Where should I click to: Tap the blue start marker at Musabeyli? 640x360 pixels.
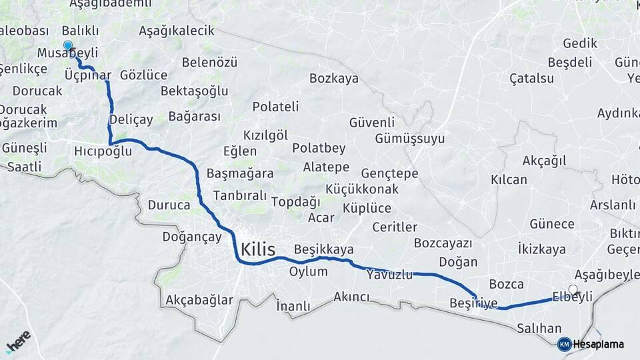click(x=67, y=45)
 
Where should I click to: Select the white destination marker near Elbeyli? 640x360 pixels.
click(x=573, y=289)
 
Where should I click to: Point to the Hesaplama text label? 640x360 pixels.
click(x=598, y=344)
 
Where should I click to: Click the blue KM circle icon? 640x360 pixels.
click(x=564, y=344)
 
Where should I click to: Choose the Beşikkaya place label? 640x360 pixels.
click(x=323, y=249)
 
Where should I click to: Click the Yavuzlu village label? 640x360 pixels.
click(x=389, y=274)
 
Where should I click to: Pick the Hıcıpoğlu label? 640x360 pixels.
click(x=103, y=152)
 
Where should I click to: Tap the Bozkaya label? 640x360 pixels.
click(x=333, y=78)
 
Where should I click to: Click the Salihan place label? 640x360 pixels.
click(x=539, y=328)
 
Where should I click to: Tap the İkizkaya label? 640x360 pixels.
click(x=541, y=249)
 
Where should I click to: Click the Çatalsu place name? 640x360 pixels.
click(x=531, y=78)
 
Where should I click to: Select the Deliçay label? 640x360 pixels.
click(x=131, y=119)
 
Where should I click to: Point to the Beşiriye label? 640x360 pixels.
click(x=473, y=303)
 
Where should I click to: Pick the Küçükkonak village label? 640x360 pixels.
click(x=363, y=189)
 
